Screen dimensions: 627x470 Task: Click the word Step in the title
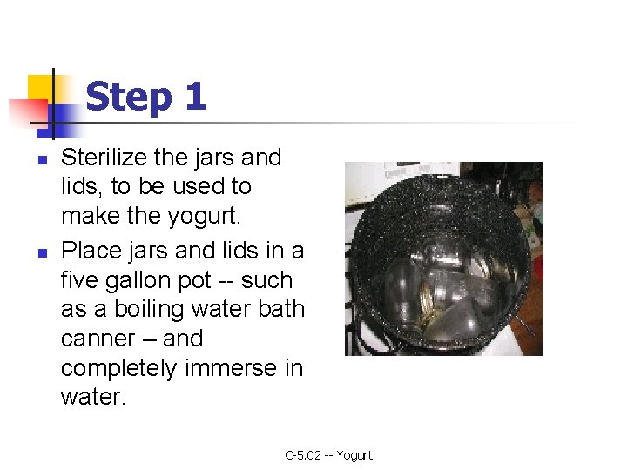[129, 97]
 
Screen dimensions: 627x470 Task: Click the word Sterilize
[104, 157]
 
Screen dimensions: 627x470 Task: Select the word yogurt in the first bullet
[204, 217]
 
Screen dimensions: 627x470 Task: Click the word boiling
[149, 310]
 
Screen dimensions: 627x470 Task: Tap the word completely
[118, 369]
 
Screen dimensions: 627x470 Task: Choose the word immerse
[230, 367]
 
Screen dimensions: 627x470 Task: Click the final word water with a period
[93, 397]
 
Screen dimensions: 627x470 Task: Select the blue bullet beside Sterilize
[43, 160]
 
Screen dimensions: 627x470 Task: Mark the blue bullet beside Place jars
[43, 253]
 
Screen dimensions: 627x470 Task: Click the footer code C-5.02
[303, 455]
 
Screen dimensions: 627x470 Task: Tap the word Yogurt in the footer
[354, 455]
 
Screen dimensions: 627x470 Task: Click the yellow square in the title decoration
[40, 89]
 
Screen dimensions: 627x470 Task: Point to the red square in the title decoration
[28, 112]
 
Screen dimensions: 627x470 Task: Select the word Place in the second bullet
[91, 252]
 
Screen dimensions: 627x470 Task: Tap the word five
[79, 280]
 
